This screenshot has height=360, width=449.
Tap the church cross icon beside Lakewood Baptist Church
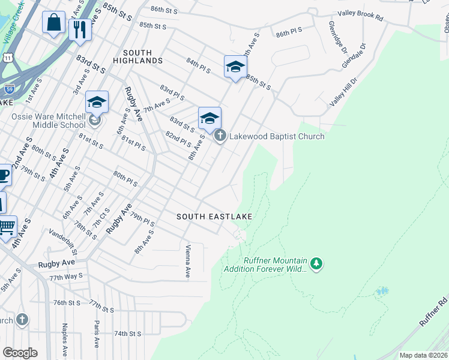pos(220,136)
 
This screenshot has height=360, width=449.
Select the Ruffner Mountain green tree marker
pos(316,263)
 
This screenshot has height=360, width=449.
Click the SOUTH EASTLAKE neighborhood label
pos(214,216)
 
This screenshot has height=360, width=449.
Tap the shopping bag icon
pos(53,23)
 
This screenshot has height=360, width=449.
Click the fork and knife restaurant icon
pos(80,29)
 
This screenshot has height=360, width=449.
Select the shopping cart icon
pos(7,227)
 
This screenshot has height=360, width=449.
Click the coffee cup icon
pos(4,175)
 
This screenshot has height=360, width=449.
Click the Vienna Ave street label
pos(188,261)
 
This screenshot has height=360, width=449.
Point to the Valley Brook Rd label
pos(360,16)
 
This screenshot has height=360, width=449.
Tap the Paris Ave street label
pos(96,334)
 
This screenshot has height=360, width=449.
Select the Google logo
pos(20,353)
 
